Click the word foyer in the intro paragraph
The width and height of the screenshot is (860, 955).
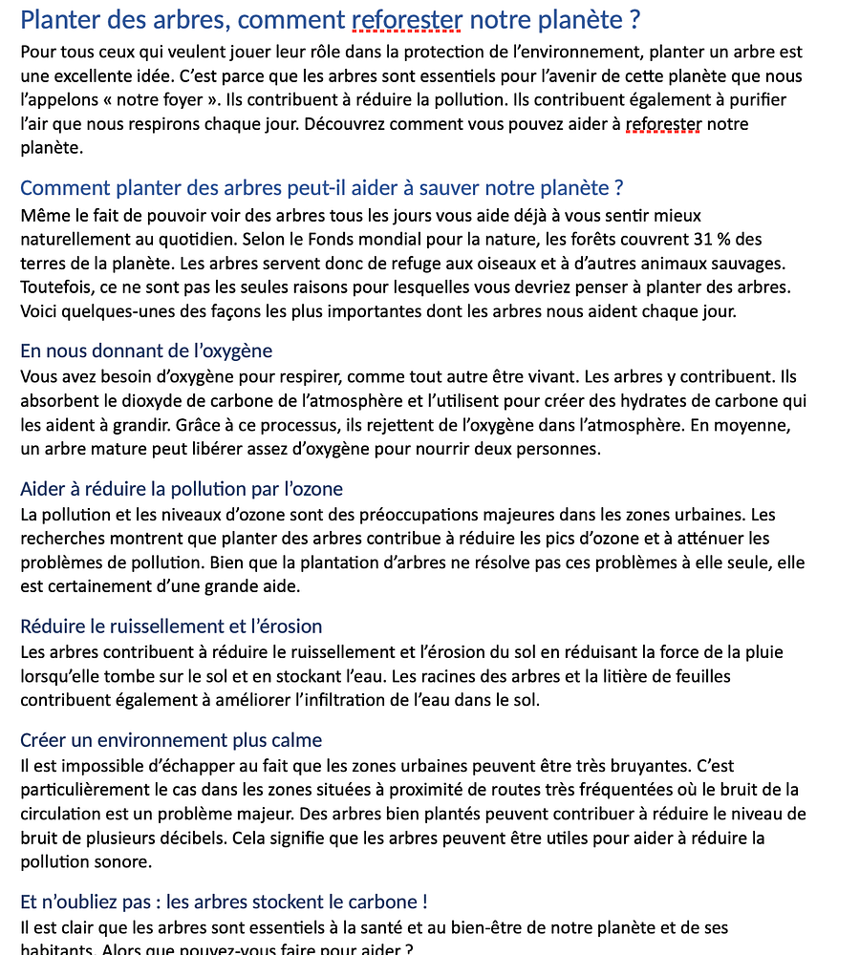(183, 99)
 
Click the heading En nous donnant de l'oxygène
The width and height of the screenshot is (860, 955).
(146, 350)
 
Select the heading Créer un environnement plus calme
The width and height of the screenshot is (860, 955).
(171, 740)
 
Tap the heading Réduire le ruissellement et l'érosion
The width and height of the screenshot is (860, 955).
(171, 626)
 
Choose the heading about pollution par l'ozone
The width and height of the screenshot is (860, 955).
(182, 490)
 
